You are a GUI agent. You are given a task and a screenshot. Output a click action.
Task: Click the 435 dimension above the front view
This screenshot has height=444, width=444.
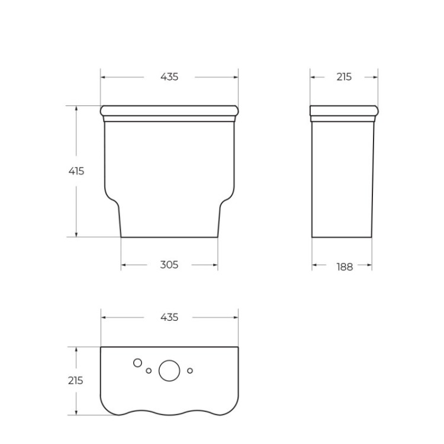point(169,77)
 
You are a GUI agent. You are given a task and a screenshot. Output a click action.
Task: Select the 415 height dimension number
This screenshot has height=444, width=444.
point(76,171)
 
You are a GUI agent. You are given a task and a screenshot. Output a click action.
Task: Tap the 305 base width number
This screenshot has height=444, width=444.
point(169,265)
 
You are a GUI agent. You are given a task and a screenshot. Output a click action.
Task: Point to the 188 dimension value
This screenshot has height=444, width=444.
point(345,267)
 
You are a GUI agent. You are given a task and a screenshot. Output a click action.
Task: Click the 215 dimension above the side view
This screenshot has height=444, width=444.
point(343,77)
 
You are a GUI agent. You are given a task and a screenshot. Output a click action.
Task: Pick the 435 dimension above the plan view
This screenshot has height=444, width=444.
point(169,317)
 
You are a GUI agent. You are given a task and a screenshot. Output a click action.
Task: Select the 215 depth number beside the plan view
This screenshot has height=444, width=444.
point(75,381)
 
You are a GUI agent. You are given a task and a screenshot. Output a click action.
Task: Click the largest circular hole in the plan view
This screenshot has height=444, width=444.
point(169,370)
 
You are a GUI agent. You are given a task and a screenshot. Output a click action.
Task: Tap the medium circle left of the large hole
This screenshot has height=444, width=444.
point(137,363)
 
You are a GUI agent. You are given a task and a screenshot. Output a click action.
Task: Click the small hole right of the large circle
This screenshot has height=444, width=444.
point(190,371)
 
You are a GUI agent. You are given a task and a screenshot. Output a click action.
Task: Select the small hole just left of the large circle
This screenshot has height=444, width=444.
point(149,371)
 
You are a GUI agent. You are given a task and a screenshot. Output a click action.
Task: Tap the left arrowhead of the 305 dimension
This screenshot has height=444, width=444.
point(123,265)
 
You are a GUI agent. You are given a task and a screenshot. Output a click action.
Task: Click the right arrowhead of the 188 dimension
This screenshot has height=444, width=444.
point(370,266)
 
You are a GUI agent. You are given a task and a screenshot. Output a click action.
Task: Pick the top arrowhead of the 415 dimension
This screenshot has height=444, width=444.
point(76,108)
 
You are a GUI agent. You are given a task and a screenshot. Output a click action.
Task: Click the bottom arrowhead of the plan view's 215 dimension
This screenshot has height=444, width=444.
point(76,413)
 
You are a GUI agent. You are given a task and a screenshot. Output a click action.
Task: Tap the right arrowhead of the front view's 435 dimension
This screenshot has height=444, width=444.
point(236,77)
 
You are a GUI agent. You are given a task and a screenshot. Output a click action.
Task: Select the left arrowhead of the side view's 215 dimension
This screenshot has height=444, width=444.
point(313,77)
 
